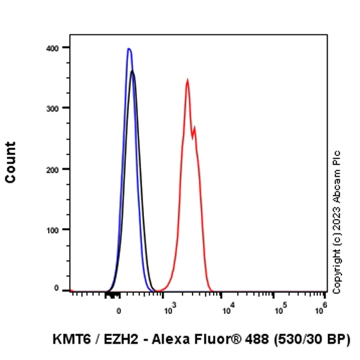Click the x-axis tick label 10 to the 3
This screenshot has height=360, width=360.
(x=169, y=310)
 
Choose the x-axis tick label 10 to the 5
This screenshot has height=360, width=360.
(x=280, y=310)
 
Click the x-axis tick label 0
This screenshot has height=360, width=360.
(x=119, y=311)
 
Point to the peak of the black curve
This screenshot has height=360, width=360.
(x=133, y=71)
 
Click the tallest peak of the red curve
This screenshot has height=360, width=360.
(x=187, y=80)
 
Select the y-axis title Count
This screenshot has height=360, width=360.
(x=11, y=163)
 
